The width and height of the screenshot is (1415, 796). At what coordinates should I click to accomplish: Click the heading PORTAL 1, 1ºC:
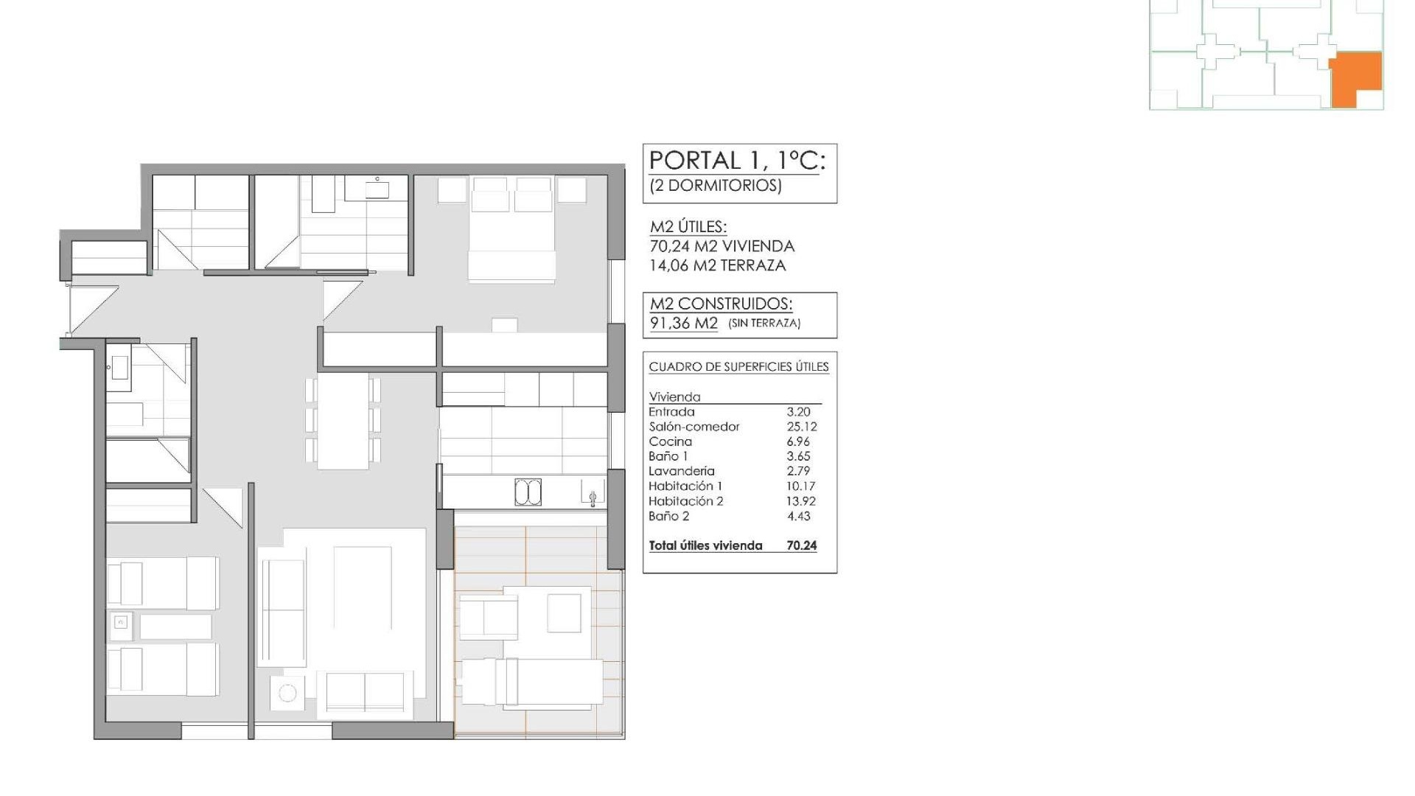736,161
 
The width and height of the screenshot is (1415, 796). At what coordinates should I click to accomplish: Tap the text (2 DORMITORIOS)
715,185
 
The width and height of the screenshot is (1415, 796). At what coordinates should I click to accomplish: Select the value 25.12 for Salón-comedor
801,427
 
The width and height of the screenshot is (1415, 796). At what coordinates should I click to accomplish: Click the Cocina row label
670,441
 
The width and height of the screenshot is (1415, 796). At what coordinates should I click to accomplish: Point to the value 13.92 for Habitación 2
800,501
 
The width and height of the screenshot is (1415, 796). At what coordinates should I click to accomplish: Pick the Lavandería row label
681,471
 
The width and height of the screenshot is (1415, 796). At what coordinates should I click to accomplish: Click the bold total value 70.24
801,546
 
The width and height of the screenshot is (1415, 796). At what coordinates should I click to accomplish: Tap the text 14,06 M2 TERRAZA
717,265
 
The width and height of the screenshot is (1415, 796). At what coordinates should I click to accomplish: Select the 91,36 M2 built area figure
683,323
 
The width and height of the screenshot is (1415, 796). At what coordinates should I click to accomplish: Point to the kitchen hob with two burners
528,492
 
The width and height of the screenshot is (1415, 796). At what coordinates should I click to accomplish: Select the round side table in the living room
287,693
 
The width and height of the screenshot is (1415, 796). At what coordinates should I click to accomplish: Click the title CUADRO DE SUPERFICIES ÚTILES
738,367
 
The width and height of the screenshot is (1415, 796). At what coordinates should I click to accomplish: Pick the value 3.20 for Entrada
798,412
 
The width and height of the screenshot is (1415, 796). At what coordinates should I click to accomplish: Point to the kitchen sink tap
593,497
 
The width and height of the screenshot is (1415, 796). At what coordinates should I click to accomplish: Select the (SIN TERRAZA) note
764,324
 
